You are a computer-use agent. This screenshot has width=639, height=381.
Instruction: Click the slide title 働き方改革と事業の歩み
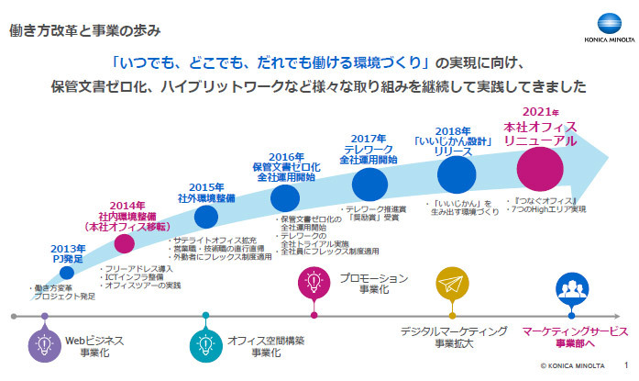(88, 32)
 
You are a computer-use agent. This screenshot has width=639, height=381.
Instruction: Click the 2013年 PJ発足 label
(68, 253)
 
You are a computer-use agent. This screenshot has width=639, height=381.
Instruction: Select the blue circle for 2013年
(67, 274)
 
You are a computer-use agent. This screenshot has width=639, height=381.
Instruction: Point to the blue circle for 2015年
(206, 217)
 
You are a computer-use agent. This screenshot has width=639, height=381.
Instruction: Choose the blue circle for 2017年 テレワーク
(365, 182)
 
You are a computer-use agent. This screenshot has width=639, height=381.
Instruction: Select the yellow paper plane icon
(453, 285)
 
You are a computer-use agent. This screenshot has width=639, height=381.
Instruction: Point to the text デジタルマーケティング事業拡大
(453, 337)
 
